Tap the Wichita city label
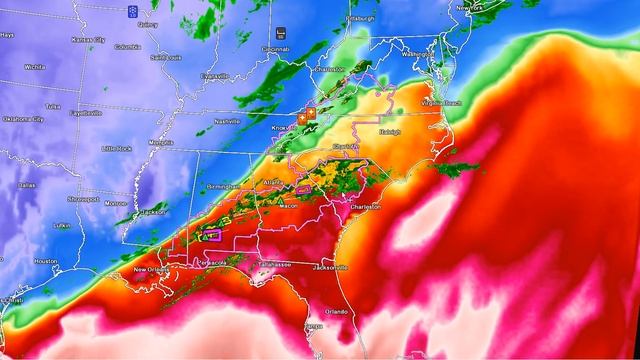[36, 67]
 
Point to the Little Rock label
[118, 148]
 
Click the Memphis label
[160, 142]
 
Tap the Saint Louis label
[164, 57]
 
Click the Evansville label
[213, 75]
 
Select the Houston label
[45, 261]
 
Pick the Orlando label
[336, 311]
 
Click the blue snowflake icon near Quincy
[132, 10]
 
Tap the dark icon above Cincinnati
[281, 32]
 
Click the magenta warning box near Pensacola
[211, 235]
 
